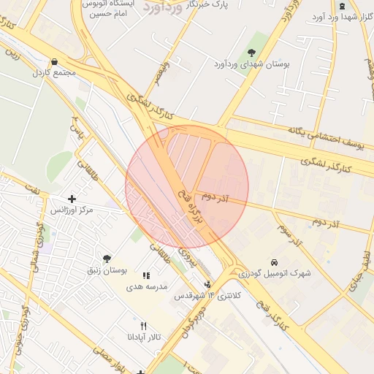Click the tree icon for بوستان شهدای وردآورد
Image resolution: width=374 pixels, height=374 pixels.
click(252, 53)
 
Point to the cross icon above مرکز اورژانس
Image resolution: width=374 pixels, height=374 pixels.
click(72, 199)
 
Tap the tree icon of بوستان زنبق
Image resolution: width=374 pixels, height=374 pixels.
click(108, 259)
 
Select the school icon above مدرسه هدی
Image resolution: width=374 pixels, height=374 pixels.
click(146, 275)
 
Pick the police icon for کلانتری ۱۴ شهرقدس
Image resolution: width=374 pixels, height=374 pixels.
click(207, 284)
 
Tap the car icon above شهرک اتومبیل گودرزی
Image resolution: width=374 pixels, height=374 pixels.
click(273, 262)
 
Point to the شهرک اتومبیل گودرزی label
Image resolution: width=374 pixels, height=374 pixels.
click(273, 273)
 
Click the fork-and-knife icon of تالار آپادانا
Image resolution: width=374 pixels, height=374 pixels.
click(143, 326)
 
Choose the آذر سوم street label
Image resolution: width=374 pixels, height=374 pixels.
click(289, 234)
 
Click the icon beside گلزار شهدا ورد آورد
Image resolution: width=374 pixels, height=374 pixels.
click(342, 6)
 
